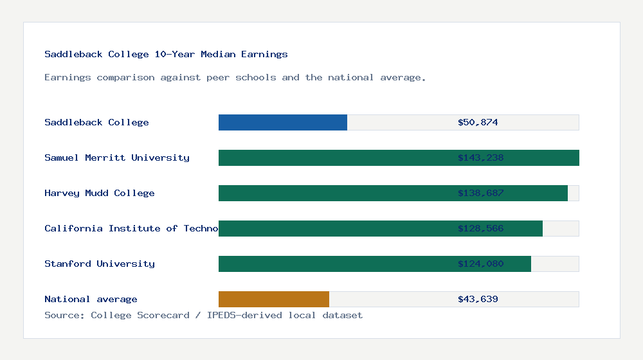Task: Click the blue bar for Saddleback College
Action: [x=283, y=122]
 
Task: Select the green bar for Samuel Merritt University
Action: [x=334, y=157]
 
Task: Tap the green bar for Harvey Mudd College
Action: [x=334, y=193]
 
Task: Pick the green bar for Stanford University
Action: [x=334, y=264]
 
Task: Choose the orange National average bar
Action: [x=274, y=299]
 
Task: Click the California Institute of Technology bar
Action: [x=334, y=228]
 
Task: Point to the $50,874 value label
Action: [x=478, y=122]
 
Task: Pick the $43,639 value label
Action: [x=478, y=299]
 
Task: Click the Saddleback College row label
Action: [x=96, y=122]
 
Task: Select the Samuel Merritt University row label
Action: [x=117, y=157]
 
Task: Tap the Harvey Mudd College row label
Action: [x=100, y=193]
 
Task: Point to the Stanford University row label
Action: [x=100, y=264]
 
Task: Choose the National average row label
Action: [x=91, y=299]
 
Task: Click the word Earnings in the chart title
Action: [x=264, y=54]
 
